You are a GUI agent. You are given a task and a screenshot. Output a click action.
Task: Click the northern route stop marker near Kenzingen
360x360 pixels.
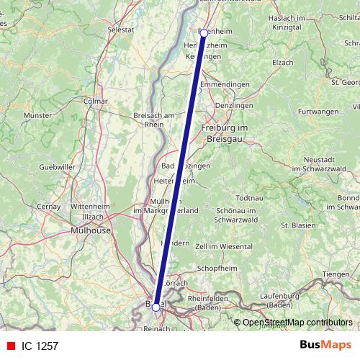point(204,32)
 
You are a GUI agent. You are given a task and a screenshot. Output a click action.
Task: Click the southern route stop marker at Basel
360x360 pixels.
point(156,307)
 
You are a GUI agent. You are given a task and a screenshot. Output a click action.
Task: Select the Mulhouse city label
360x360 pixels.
point(91,230)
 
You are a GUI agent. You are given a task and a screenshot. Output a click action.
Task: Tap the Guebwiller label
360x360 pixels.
point(57,166)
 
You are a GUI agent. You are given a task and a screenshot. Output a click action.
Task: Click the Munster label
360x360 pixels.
point(38,115)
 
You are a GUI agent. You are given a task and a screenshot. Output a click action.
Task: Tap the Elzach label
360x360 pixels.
point(283,63)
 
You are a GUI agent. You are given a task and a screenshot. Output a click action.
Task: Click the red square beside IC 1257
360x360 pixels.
point(10,346)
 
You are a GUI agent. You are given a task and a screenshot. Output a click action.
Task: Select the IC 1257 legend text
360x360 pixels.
point(40,346)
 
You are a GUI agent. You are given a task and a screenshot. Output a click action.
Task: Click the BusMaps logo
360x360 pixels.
point(325,345)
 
